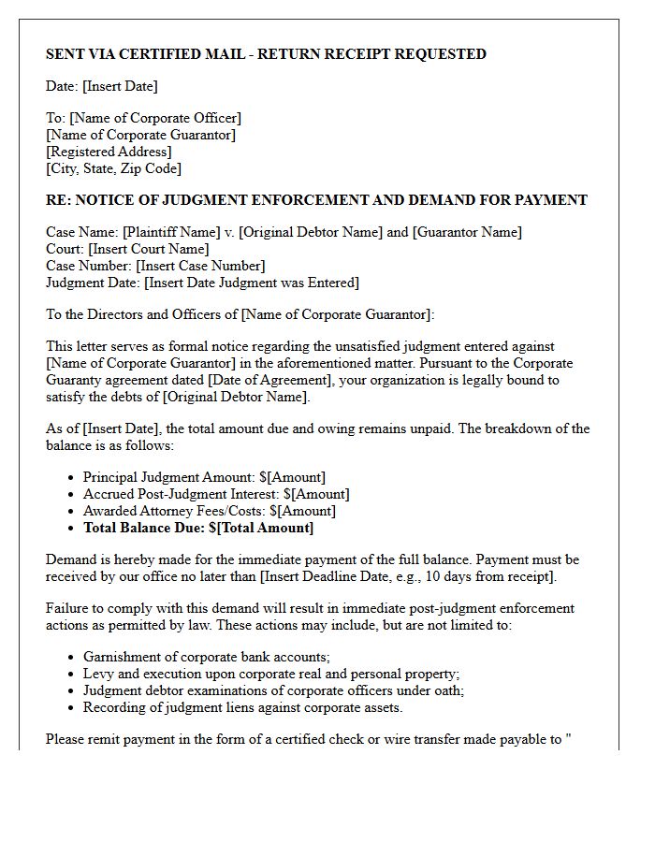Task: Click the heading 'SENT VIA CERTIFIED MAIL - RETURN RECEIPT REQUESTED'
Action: tap(266, 54)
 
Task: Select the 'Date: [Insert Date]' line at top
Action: tap(102, 86)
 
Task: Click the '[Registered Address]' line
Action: tap(109, 152)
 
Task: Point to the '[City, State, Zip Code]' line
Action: tap(113, 168)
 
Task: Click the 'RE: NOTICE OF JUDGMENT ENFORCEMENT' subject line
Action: tap(316, 200)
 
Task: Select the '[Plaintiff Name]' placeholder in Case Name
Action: tap(159, 232)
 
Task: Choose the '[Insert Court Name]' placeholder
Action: tap(149, 249)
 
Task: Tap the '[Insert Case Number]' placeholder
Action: tap(200, 266)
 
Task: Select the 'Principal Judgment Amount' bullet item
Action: tap(204, 477)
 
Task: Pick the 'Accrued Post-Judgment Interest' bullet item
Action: tap(216, 494)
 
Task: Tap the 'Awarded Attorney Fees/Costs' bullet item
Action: tap(209, 511)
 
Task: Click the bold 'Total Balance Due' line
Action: tap(198, 528)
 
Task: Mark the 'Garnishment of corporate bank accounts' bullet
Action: tap(206, 657)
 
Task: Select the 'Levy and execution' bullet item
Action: tap(270, 674)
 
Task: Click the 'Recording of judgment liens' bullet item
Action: tap(242, 707)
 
